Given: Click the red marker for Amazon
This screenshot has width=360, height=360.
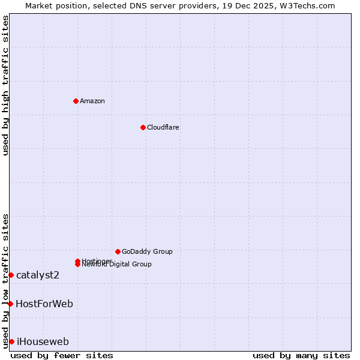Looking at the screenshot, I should [76, 101].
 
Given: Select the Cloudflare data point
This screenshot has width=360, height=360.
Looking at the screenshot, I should [143, 127].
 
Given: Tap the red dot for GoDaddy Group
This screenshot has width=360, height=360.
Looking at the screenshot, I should [118, 251].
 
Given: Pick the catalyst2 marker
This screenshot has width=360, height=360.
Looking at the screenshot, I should [11, 275].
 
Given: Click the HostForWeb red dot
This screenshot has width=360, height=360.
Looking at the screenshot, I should [10, 304].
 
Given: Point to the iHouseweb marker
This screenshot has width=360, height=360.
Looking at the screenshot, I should [11, 341].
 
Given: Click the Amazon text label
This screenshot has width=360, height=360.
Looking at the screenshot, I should [92, 101].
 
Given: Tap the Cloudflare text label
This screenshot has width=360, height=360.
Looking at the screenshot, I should [163, 127].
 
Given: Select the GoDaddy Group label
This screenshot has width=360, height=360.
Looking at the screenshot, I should [147, 251].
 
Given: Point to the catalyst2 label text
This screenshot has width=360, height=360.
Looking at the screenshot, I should [38, 275].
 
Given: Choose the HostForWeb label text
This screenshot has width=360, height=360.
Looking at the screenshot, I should [44, 304].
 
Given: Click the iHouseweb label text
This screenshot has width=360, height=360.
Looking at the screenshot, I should [43, 341].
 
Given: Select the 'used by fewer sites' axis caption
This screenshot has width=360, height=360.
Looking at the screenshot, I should [62, 355].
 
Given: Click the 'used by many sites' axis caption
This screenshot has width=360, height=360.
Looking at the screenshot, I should [301, 355].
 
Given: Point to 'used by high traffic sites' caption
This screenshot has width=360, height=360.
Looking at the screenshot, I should [5, 85].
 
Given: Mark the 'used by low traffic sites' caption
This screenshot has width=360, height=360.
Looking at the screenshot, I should [5, 280].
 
